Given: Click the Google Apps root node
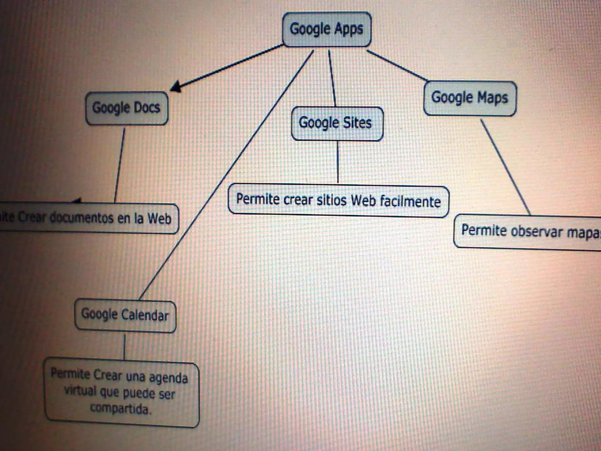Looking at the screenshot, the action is (x=327, y=29).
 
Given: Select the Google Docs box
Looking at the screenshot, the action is (x=126, y=108).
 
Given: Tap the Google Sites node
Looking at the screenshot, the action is (x=337, y=123).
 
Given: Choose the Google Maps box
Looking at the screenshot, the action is (x=470, y=98).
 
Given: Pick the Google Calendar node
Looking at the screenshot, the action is (x=125, y=315).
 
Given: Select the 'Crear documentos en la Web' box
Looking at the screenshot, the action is (x=88, y=218).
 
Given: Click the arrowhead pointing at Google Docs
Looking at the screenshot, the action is (x=176, y=87).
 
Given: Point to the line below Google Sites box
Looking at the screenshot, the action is (x=338, y=162).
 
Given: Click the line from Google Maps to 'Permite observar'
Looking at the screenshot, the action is (x=505, y=167).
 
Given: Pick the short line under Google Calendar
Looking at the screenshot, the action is (x=124, y=346).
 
